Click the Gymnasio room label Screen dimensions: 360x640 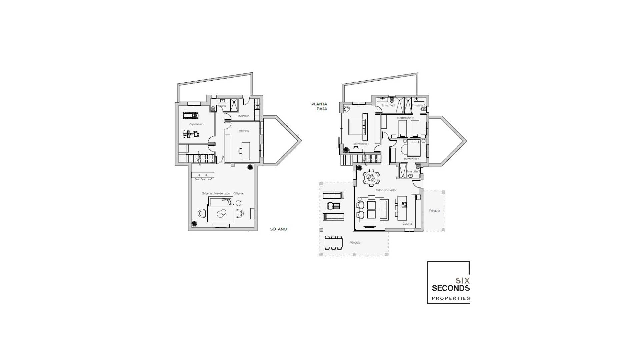pyautogui.click(x=196, y=124)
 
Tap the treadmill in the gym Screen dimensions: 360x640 pyautogui.click(x=190, y=115)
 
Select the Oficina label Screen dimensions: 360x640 pyautogui.click(x=244, y=131)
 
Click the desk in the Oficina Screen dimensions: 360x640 pyautogui.click(x=246, y=151)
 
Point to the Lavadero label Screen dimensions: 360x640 pyautogui.click(x=243, y=116)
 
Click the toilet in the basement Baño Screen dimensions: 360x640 pyautogui.click(x=213, y=108)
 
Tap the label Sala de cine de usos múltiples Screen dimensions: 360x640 pyautogui.click(x=223, y=193)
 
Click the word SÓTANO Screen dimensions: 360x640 pyautogui.click(x=279, y=229)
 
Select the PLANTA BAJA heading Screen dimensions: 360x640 pyautogui.click(x=319, y=106)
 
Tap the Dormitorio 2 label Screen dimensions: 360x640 pyautogui.click(x=405, y=118)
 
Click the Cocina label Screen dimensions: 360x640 pyautogui.click(x=407, y=224)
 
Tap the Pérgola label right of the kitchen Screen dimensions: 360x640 pyautogui.click(x=434, y=211)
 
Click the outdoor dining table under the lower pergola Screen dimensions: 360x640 pyautogui.click(x=334, y=243)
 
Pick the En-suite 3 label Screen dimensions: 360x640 pyautogui.click(x=413, y=171)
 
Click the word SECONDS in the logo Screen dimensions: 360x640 pyautogui.click(x=451, y=288)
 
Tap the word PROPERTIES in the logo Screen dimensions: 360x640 pyautogui.click(x=451, y=298)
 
